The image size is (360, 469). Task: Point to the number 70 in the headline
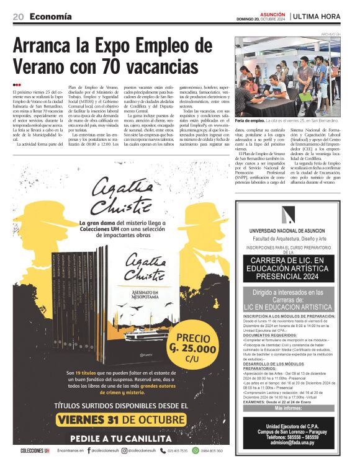[x=138, y=66]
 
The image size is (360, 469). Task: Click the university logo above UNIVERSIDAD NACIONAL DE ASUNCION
[x=288, y=214]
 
